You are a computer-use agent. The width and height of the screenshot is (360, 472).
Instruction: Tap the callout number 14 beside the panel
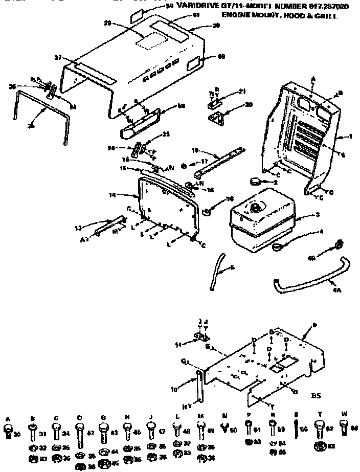coord(113,195)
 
